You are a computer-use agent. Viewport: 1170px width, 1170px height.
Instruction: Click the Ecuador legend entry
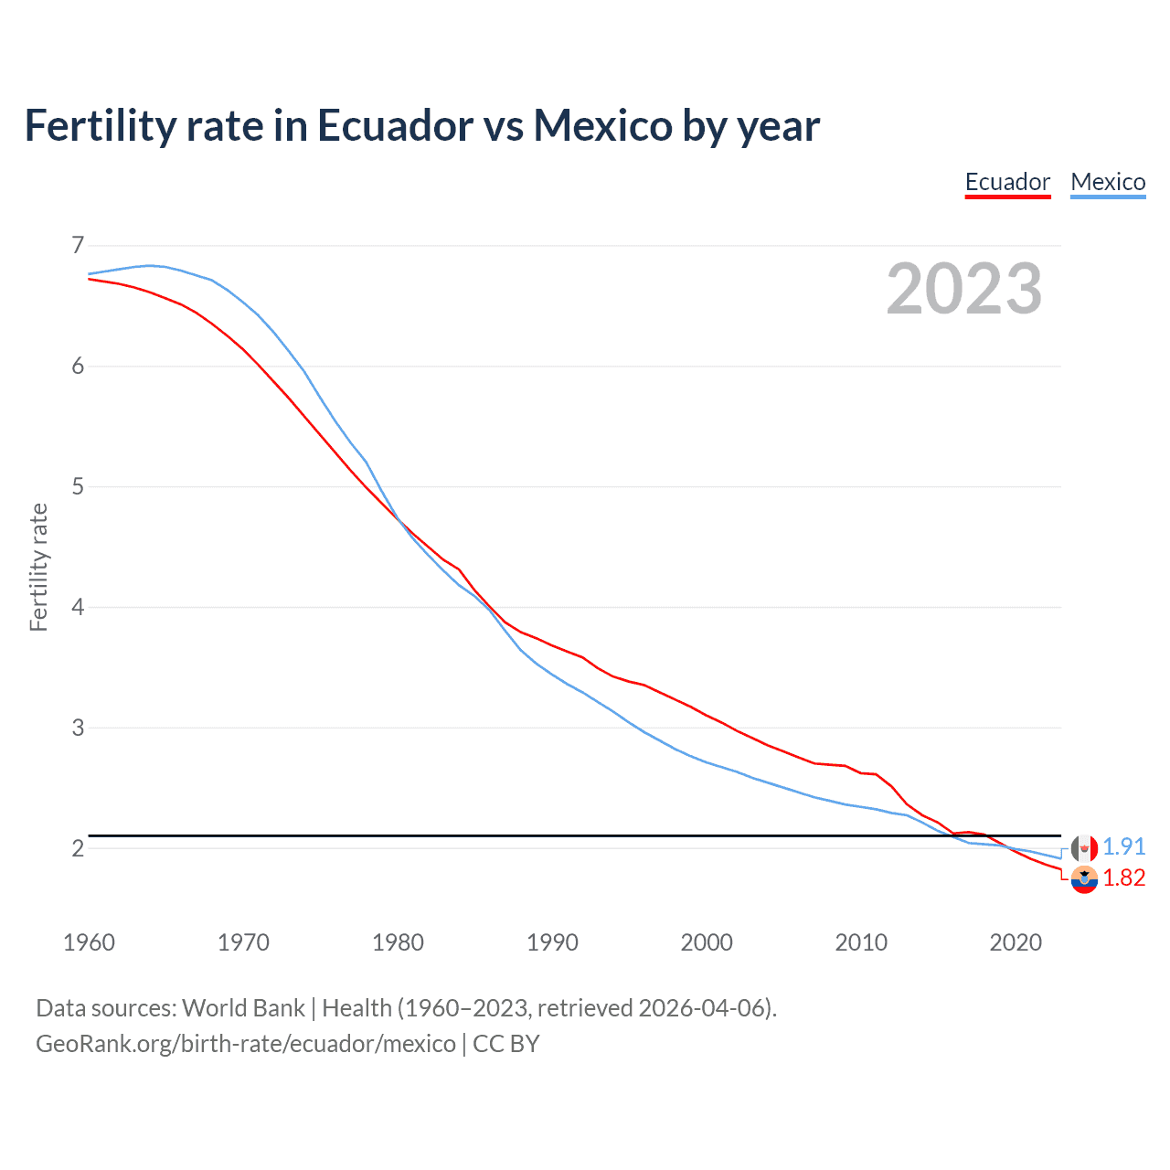pyautogui.click(x=1007, y=182)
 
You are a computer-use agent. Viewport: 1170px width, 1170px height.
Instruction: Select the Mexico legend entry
pyautogui.click(x=1108, y=182)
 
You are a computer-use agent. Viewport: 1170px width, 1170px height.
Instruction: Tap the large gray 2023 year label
pyautogui.click(x=964, y=289)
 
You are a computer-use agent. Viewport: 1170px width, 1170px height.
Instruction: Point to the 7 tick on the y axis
pyautogui.click(x=78, y=245)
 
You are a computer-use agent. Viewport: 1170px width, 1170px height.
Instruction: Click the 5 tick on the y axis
pyautogui.click(x=78, y=486)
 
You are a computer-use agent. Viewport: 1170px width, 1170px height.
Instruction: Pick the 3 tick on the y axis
pyautogui.click(x=78, y=728)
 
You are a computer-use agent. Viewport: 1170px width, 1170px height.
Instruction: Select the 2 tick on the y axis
pyautogui.click(x=78, y=848)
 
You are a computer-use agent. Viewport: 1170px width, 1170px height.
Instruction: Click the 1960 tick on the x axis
pyautogui.click(x=89, y=942)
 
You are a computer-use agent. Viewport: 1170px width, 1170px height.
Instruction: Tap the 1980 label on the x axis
pyautogui.click(x=398, y=942)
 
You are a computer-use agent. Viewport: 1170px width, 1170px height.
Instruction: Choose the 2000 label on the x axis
pyautogui.click(x=707, y=942)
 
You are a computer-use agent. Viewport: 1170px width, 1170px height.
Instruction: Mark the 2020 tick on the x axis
pyautogui.click(x=1016, y=942)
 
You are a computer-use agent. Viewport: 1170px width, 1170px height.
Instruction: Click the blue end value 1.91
pyautogui.click(x=1123, y=847)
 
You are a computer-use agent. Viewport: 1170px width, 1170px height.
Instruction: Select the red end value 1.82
pyautogui.click(x=1123, y=878)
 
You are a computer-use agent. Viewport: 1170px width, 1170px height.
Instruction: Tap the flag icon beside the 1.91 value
pyautogui.click(x=1084, y=848)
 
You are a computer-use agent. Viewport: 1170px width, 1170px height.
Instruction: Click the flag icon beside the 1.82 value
pyautogui.click(x=1084, y=880)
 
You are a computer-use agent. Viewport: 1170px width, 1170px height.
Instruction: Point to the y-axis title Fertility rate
pyautogui.click(x=38, y=567)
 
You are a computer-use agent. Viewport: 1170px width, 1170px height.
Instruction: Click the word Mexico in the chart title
pyautogui.click(x=603, y=125)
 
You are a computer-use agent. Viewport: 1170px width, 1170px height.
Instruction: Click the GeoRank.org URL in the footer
pyautogui.click(x=245, y=1043)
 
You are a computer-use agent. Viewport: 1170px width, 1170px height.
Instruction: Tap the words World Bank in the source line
pyautogui.click(x=243, y=1008)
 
